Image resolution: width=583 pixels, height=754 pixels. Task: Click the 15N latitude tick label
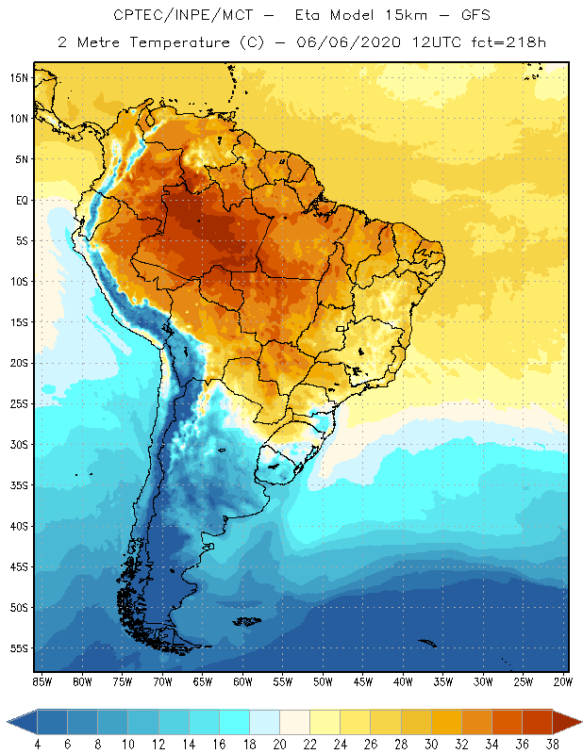18,77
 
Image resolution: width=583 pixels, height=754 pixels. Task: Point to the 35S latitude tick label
18,485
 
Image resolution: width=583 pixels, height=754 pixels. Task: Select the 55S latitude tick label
18,648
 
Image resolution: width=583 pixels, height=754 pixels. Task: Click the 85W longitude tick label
42,680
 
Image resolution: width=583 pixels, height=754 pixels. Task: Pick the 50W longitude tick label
324,680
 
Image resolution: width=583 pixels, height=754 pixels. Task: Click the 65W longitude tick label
203,680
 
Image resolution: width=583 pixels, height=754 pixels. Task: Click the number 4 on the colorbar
36,744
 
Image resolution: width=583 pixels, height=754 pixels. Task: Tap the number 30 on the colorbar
431,744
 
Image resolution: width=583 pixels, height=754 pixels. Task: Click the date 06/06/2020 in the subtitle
350,41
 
